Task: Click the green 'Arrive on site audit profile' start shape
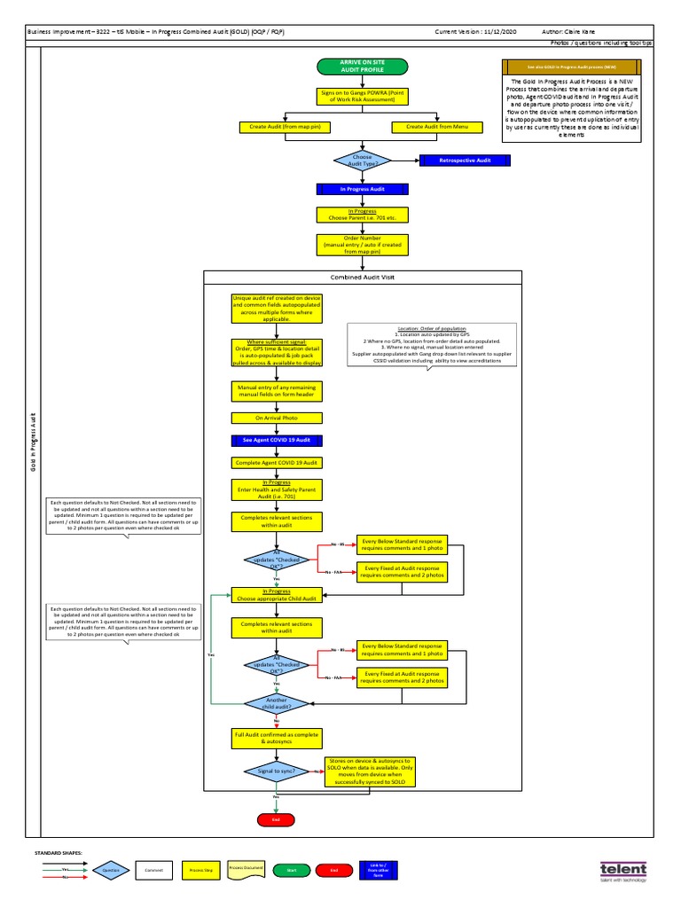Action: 362,67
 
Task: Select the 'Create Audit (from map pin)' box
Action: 285,127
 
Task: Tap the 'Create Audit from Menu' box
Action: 436,127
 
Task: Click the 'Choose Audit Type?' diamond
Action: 362,160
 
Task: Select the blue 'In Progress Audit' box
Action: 361,189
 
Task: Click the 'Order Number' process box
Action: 361,245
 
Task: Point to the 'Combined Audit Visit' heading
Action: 362,277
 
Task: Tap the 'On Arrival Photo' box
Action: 276,418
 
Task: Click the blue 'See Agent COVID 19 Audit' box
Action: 276,440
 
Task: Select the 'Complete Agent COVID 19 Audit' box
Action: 276,463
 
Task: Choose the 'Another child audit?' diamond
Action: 276,703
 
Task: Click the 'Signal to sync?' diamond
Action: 276,771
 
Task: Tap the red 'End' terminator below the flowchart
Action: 276,820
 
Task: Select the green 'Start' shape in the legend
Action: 291,871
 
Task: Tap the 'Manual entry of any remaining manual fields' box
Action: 276,391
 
